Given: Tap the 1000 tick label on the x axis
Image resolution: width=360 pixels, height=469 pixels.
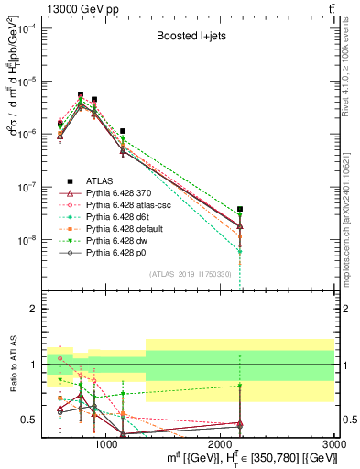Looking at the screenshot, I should [x=106, y=443].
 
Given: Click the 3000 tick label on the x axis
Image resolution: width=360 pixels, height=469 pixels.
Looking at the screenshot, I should [x=334, y=443].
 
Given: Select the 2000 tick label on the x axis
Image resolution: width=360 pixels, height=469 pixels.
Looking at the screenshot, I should [x=221, y=443].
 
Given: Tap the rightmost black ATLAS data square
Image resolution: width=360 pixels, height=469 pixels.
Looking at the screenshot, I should [x=240, y=210].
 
